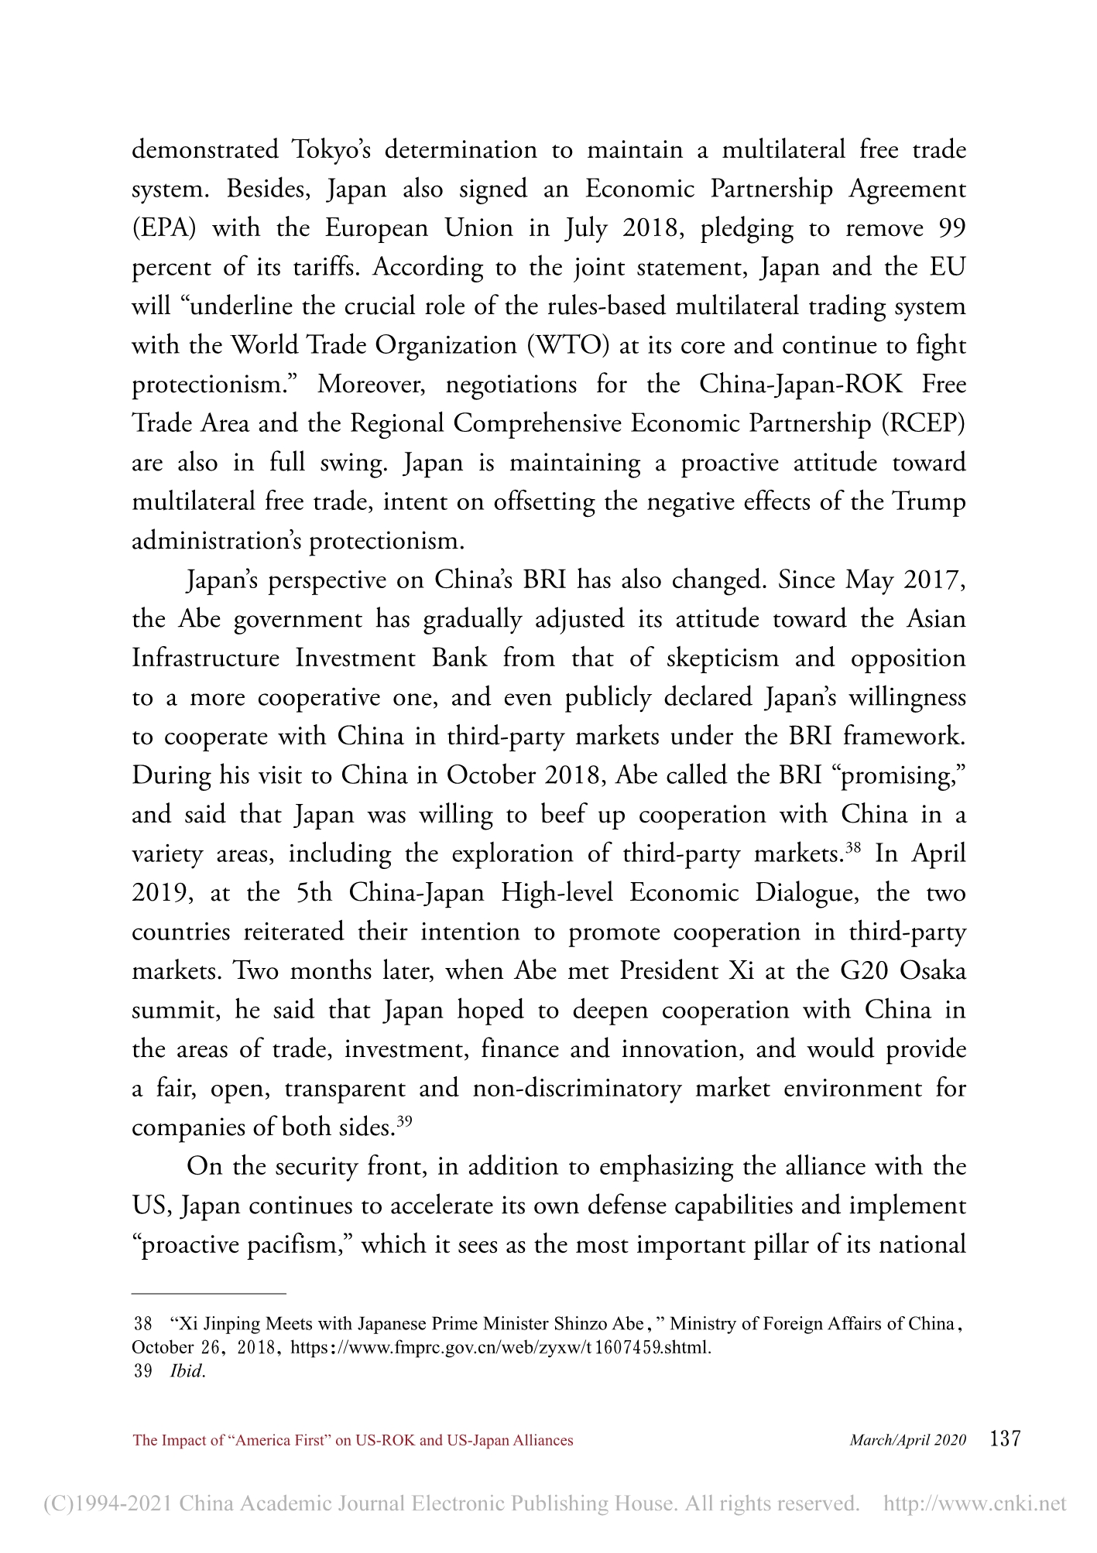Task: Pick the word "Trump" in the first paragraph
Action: click(929, 501)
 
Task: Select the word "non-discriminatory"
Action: click(577, 1088)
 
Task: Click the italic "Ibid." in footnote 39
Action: click(187, 1371)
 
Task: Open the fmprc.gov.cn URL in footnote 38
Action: click(500, 1347)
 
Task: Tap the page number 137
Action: click(1006, 1439)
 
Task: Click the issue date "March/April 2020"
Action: click(907, 1440)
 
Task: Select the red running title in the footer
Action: click(353, 1440)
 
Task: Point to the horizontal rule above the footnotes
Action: click(209, 1293)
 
